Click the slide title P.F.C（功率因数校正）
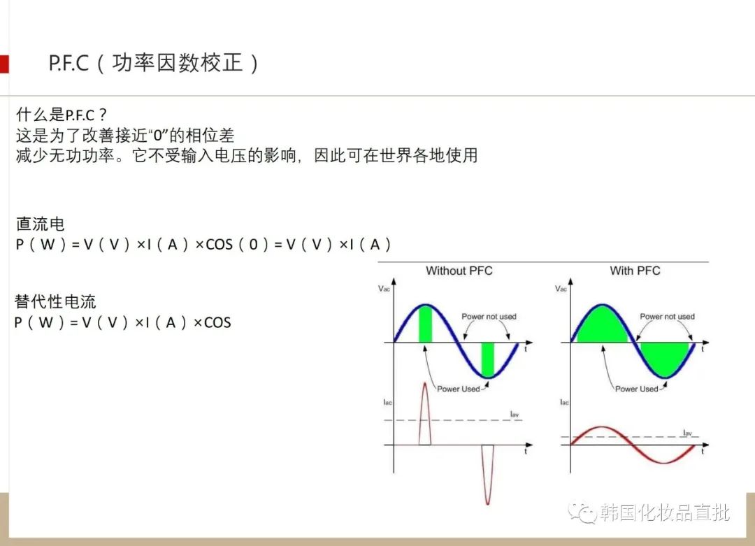[x=154, y=63]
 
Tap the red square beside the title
[x=4, y=64]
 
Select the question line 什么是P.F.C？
[x=61, y=115]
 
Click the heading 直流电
[x=40, y=224]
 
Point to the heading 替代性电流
[x=55, y=301]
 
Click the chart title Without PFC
[x=459, y=271]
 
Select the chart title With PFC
[x=635, y=271]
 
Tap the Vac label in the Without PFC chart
[x=384, y=289]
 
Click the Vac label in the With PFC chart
[x=561, y=289]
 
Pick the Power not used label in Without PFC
[x=489, y=316]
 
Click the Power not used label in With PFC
[x=667, y=316]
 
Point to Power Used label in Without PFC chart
[x=458, y=389]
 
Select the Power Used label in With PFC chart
[x=636, y=389]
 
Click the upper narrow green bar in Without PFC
[x=425, y=324]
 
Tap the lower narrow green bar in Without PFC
[x=488, y=359]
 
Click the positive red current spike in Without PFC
[x=425, y=413]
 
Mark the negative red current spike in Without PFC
[x=488, y=475]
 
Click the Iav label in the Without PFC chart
[x=515, y=414]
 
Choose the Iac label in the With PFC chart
[x=564, y=402]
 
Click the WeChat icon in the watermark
[x=582, y=512]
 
